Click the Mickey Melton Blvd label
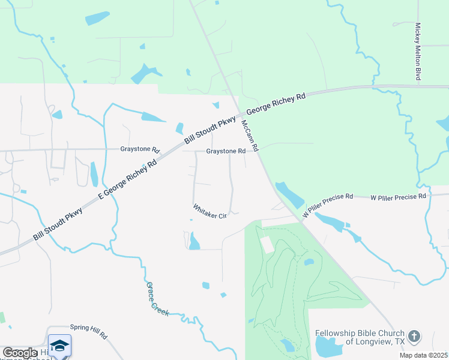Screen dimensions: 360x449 coord(418,52)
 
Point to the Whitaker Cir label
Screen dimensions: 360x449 coord(209,212)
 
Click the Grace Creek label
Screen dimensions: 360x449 coord(158,299)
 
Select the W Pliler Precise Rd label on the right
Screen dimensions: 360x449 coord(398,196)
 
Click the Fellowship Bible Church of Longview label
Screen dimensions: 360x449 coord(360,337)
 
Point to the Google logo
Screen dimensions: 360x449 coord(20,353)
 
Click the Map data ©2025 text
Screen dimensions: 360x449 coord(423,355)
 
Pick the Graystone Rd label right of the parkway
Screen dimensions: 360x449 coord(226,151)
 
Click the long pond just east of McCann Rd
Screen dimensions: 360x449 coord(289,194)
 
